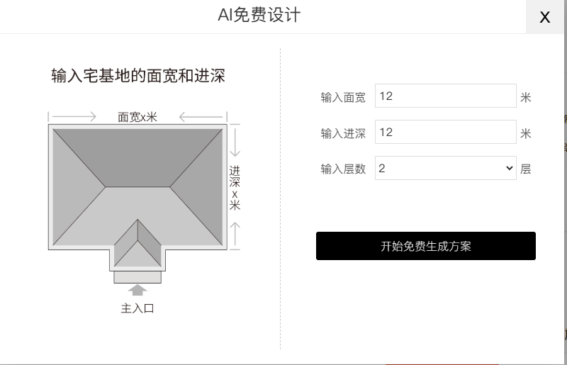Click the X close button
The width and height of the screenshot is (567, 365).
coord(545,17)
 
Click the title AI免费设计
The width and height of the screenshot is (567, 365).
coord(259,15)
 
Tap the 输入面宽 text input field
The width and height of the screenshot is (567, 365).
coord(445,96)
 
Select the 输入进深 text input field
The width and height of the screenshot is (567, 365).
coord(445,132)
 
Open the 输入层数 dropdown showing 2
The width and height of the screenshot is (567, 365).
coord(445,168)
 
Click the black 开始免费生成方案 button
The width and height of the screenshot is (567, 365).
coord(425,246)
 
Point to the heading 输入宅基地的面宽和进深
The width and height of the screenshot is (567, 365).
coord(138,76)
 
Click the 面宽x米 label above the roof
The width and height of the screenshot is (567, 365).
coord(137,117)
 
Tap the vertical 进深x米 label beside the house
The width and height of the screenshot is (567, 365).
coord(235,188)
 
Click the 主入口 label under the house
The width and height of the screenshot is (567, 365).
coord(137,308)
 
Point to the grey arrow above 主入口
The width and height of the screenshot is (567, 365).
coord(137,290)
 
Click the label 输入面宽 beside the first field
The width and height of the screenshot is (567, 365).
coord(343,97)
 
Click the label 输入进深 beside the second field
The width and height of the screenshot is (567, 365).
coord(343,133)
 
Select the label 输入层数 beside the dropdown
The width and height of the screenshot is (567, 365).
coord(343,169)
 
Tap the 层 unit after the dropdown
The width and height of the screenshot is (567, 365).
coord(525,169)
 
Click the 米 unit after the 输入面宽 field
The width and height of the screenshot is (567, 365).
coord(525,97)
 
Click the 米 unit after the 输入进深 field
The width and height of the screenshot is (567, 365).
coord(525,133)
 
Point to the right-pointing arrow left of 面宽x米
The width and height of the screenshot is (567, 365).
coord(74,116)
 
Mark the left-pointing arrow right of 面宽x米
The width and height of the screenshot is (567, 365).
coord(201,116)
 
